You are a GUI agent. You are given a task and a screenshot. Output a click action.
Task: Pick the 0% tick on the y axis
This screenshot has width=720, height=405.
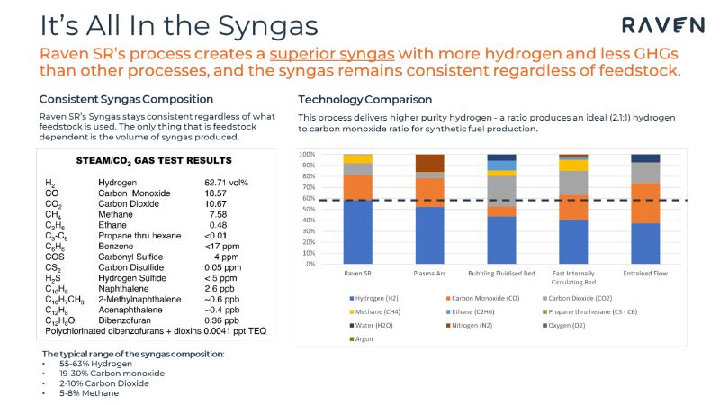pyautogui.click(x=310, y=264)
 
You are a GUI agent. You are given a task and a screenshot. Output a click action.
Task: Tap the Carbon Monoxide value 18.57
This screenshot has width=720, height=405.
pyautogui.click(x=216, y=193)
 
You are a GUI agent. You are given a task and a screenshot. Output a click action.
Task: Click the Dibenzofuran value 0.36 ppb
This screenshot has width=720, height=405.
pyautogui.click(x=221, y=319)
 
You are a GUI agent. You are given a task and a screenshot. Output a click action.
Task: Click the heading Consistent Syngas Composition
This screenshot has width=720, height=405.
pyautogui.click(x=126, y=99)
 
